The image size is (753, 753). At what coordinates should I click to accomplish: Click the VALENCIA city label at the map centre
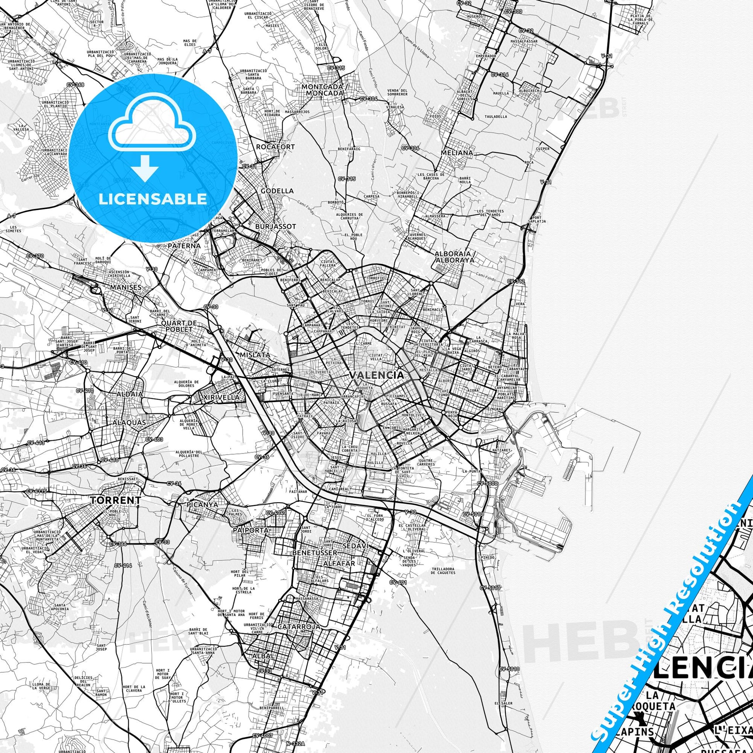pos(376,375)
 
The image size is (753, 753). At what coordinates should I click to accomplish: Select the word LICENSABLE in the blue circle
pos(153,199)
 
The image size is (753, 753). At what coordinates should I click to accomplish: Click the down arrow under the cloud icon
pos(145,168)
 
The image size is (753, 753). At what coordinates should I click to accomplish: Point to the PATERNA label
pos(184,246)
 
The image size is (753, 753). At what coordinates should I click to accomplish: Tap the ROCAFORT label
pos(275,147)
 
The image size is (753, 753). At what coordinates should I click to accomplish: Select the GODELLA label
pos(277,191)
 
